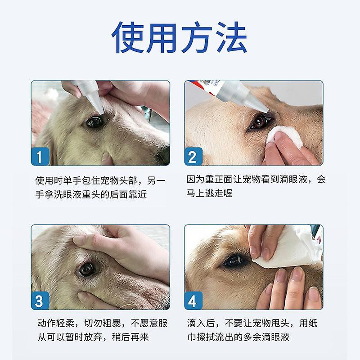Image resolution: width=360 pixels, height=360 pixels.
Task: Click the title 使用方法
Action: tap(180, 38)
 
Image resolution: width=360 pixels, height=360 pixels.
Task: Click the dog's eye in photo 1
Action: tap(94, 122)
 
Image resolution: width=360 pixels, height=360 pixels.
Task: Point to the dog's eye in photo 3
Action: tap(86, 269)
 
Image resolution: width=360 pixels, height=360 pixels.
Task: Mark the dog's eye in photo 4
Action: tap(234, 261)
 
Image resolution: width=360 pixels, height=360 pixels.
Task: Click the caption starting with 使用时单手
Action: tap(100, 187)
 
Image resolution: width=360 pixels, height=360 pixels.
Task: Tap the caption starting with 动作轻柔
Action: tap(100, 330)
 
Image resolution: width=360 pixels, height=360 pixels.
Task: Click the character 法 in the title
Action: tap(227, 38)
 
